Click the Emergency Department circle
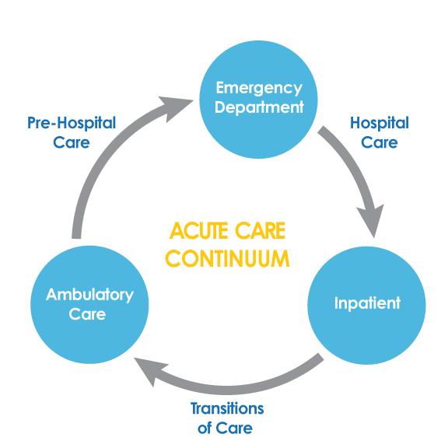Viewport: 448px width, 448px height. click(x=258, y=100)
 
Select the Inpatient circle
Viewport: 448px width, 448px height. click(x=366, y=305)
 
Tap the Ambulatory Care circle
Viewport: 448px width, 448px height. click(x=89, y=305)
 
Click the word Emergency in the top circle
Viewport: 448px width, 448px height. click(x=259, y=89)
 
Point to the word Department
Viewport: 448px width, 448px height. click(x=259, y=107)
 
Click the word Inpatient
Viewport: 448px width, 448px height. click(x=367, y=303)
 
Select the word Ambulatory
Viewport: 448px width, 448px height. click(x=89, y=295)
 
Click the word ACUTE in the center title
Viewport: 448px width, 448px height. click(x=198, y=230)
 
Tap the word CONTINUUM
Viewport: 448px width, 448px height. click(x=227, y=258)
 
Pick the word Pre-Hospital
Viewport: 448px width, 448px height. click(x=72, y=123)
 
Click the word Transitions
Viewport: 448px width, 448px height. click(x=227, y=408)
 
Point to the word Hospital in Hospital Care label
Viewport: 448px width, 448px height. click(x=380, y=123)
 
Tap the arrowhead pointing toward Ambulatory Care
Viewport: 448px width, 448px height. click(x=150, y=370)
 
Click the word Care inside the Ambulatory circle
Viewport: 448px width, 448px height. click(x=87, y=314)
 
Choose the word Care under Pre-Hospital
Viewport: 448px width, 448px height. click(x=72, y=142)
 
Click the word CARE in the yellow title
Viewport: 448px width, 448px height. click(x=261, y=230)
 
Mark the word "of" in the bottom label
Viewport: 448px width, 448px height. click(x=205, y=428)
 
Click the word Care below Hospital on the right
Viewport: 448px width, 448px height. click(x=379, y=142)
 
